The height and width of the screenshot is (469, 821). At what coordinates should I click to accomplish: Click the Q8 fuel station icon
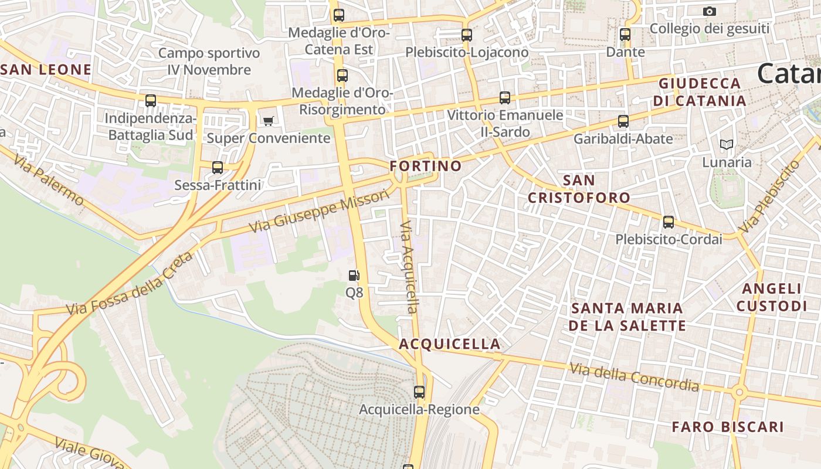click(354, 276)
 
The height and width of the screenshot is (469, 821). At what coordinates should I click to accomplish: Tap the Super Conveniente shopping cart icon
click(268, 121)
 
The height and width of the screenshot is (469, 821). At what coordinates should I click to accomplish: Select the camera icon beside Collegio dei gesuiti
click(710, 11)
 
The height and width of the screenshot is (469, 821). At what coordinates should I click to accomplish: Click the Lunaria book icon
click(727, 144)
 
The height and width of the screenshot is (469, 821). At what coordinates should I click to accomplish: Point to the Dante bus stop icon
click(625, 35)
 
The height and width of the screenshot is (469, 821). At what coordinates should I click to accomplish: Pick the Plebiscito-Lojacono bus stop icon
click(467, 35)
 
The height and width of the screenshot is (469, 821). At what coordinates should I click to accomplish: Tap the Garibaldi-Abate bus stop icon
click(623, 121)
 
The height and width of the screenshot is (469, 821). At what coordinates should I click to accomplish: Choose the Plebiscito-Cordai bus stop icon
click(669, 222)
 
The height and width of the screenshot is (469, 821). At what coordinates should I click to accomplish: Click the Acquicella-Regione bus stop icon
click(419, 392)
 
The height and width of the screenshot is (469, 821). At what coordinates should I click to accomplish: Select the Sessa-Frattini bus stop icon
click(218, 168)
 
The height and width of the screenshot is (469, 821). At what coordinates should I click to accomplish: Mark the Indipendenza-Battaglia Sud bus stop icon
click(151, 101)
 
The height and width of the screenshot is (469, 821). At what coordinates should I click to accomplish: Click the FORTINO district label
click(426, 166)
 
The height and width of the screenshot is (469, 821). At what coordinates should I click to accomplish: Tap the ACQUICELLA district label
click(450, 344)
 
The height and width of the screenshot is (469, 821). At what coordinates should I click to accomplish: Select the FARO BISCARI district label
click(727, 427)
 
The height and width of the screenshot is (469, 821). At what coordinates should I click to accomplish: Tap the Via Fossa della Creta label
click(129, 284)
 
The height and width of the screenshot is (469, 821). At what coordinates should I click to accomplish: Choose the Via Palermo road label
click(48, 180)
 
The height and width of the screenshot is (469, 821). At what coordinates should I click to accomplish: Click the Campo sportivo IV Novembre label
click(209, 62)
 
